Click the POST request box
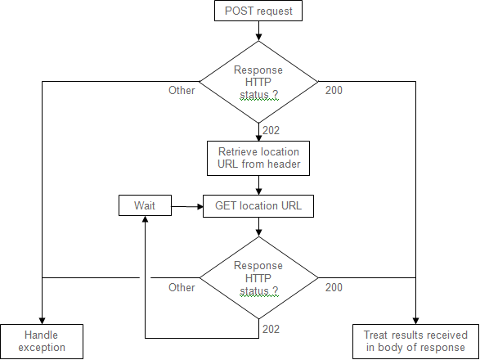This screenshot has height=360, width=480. click(x=258, y=11)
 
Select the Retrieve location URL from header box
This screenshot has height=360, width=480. click(x=258, y=158)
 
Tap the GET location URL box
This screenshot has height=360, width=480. click(x=258, y=206)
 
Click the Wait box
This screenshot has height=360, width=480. click(x=145, y=205)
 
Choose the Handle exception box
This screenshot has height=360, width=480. click(x=42, y=341)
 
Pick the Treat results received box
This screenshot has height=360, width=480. click(x=415, y=341)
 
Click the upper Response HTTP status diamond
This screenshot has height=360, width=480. click(x=258, y=82)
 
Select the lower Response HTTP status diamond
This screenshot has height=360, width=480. click(x=258, y=278)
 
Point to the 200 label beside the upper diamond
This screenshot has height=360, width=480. click(x=334, y=90)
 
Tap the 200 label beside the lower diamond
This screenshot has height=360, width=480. click(x=334, y=287)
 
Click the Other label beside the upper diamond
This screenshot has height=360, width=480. click(x=182, y=90)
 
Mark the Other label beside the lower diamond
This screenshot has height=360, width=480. click(x=182, y=287)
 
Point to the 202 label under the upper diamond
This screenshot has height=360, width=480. click(x=271, y=131)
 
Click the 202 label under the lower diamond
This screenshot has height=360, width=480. click(x=271, y=329)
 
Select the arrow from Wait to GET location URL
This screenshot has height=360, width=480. click(x=187, y=206)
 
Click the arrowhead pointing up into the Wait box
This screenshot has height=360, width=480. click(x=146, y=218)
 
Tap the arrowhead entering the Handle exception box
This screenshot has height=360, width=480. click(x=42, y=321)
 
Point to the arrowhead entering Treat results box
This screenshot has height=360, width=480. click(x=415, y=321)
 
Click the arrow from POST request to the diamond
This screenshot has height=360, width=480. click(x=258, y=30)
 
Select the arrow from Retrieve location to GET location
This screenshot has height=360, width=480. click(x=258, y=185)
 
